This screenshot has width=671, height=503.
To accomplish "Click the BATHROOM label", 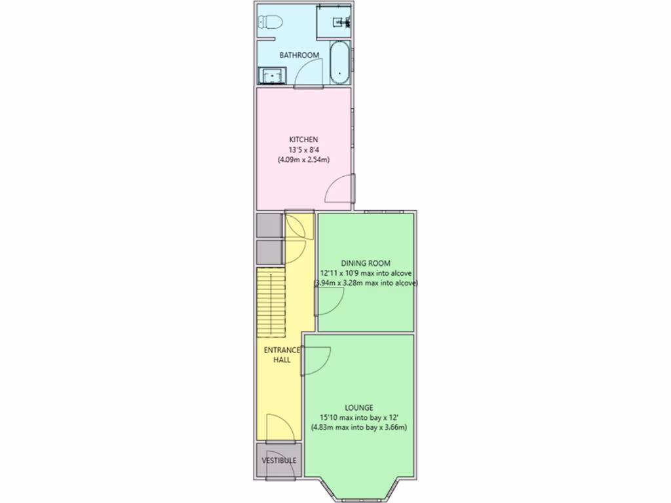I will [299, 55].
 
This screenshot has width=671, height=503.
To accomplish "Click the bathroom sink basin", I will [271, 77].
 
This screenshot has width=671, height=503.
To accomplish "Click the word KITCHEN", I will [304, 140].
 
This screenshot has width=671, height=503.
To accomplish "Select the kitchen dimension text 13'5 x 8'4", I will [304, 149].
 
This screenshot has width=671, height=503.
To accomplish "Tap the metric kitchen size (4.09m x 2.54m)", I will [304, 160].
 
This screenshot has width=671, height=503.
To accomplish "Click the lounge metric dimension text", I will [359, 428].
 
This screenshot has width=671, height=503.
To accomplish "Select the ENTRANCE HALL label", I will [282, 354].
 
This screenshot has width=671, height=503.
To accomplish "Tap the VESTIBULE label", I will [279, 460].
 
